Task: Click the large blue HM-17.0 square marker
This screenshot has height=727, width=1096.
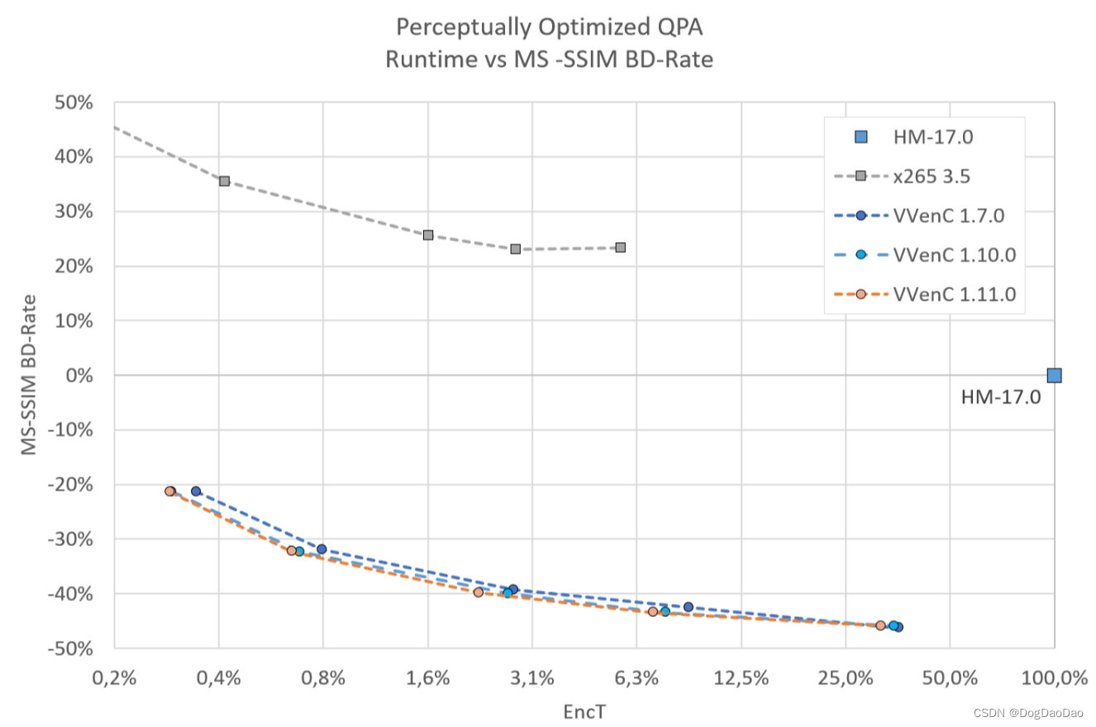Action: [x=1054, y=375]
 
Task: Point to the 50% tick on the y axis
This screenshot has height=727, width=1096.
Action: [x=74, y=102]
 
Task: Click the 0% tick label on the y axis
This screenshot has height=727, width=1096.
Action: [x=79, y=375]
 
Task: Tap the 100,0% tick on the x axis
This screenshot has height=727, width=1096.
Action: [x=1054, y=679]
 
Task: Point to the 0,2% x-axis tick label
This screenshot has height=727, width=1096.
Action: [x=114, y=679]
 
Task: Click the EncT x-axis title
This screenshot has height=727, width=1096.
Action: [x=584, y=710]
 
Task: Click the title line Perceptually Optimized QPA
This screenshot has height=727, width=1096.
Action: [x=550, y=27]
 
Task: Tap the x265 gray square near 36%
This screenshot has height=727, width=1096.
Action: [x=224, y=181]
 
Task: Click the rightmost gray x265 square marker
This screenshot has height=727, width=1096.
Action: [x=621, y=247]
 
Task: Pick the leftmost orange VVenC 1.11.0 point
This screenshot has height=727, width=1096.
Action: [x=169, y=491]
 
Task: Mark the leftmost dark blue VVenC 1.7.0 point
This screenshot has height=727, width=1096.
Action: [x=196, y=491]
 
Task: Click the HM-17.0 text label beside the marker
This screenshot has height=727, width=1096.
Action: [x=1000, y=397]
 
